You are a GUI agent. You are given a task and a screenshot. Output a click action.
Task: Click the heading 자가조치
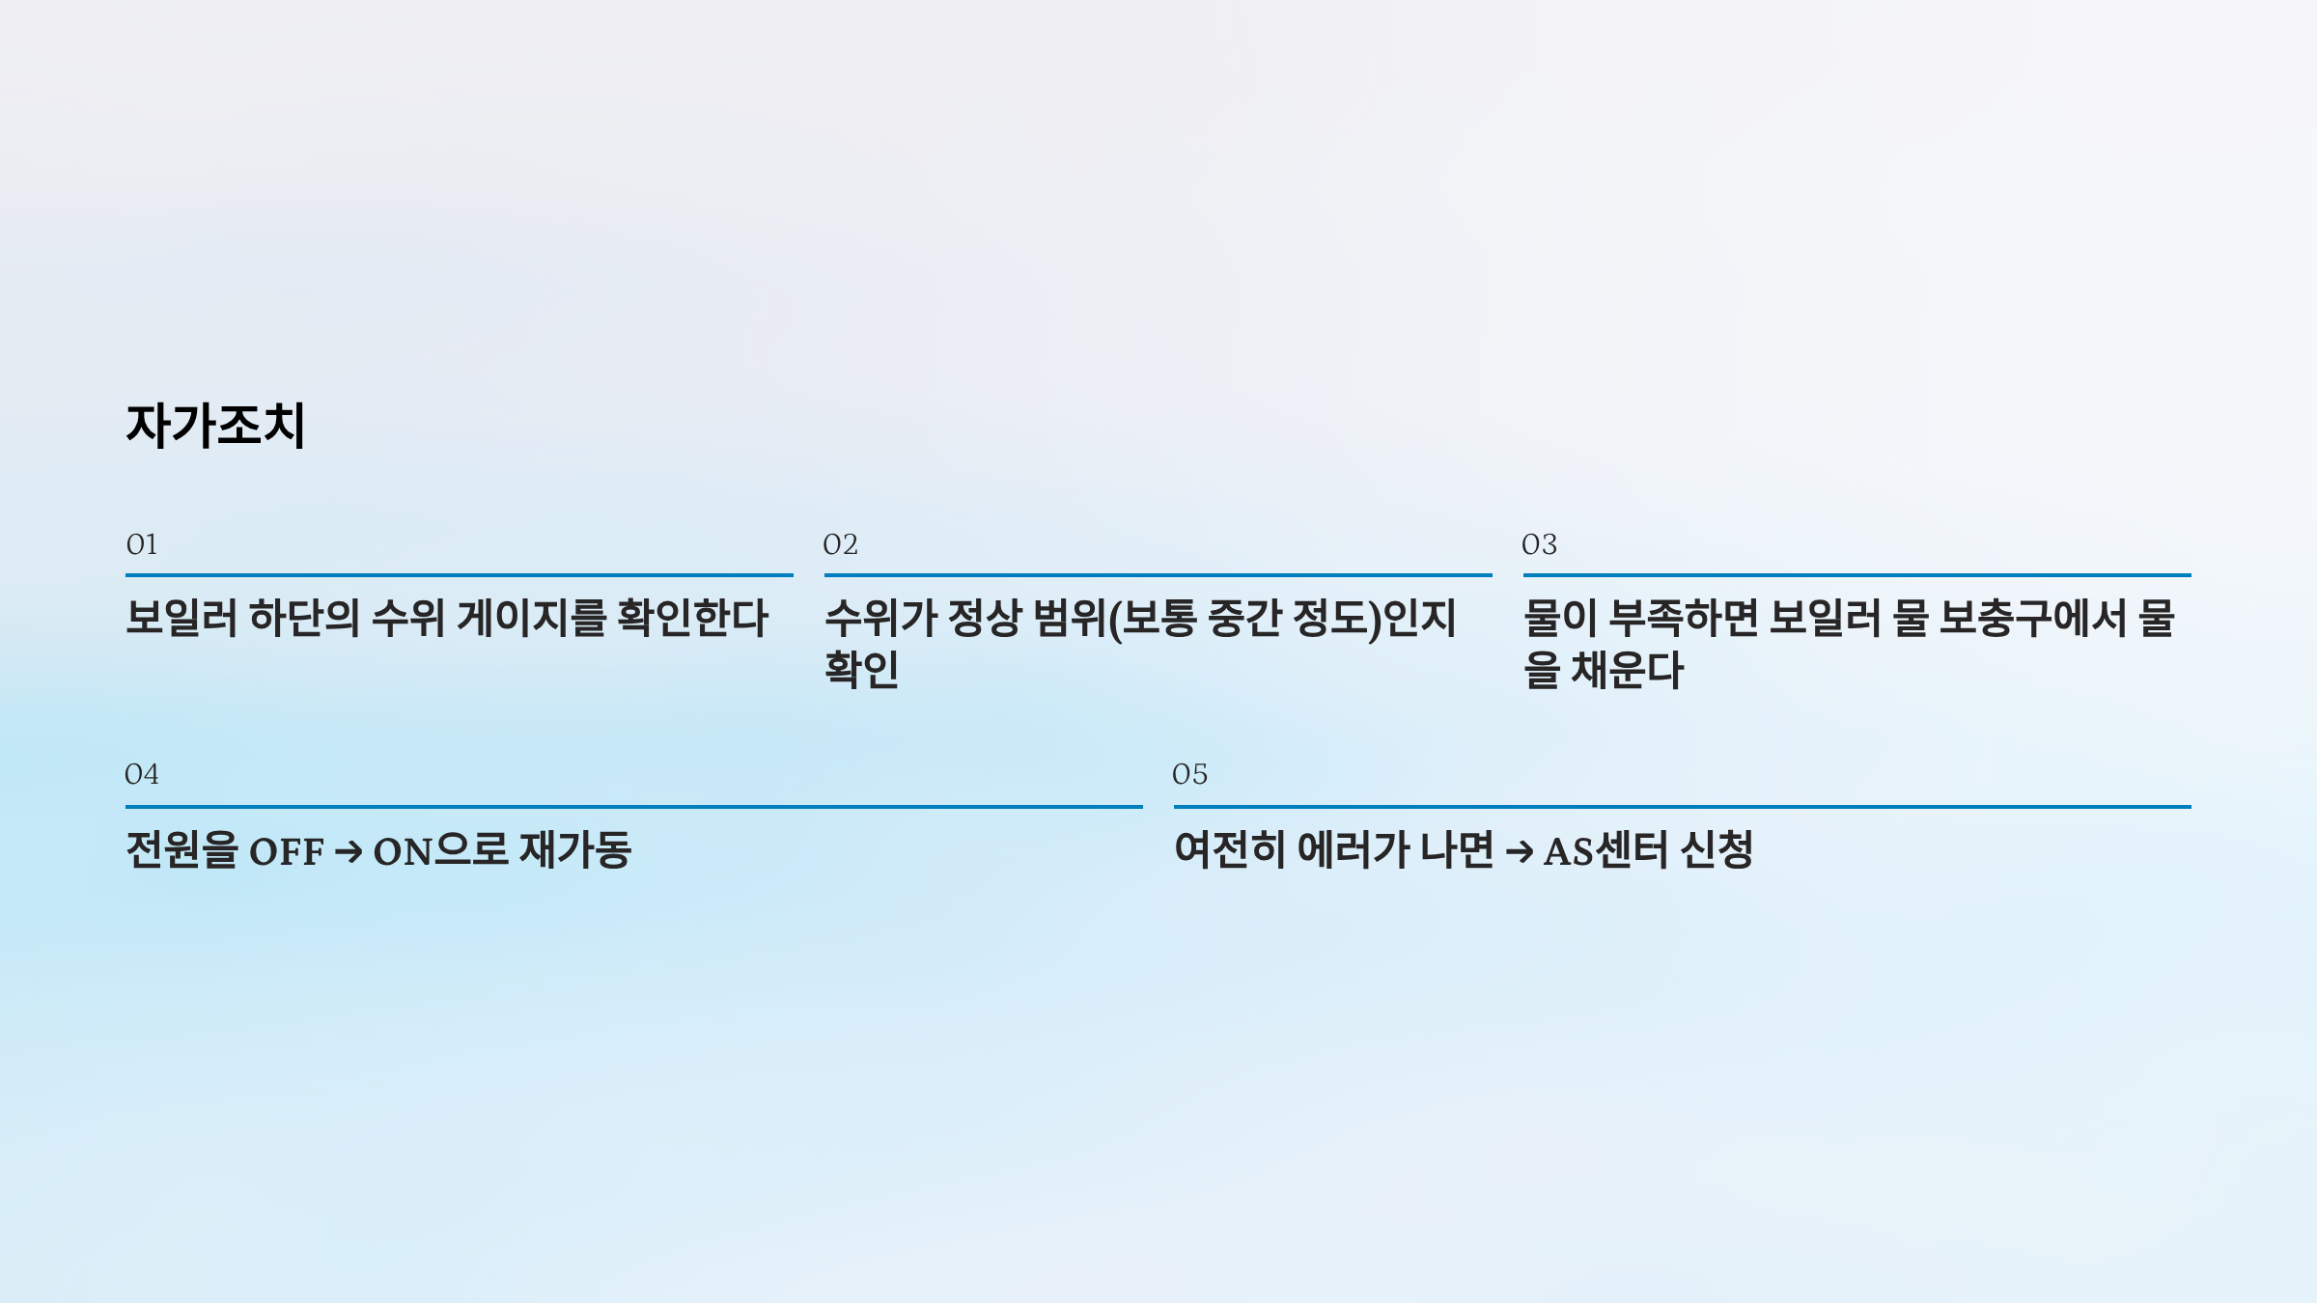click(215, 425)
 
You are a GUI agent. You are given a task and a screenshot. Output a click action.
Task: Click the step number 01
click(142, 545)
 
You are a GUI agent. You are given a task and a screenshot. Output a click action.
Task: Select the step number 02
click(840, 545)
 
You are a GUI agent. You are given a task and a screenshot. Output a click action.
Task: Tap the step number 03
click(1539, 545)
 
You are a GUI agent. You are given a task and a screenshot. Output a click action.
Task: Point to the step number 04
click(142, 774)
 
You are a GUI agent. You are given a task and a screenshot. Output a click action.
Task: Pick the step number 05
click(1189, 774)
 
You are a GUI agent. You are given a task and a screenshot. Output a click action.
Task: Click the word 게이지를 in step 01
click(530, 619)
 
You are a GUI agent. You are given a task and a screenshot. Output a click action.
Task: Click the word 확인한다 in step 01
click(692, 619)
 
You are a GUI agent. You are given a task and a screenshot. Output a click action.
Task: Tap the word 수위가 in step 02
click(880, 619)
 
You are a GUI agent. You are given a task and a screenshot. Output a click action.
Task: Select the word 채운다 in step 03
click(1627, 671)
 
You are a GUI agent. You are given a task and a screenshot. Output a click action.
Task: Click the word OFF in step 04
click(287, 852)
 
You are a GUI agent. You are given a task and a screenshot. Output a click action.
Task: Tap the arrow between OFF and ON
click(349, 852)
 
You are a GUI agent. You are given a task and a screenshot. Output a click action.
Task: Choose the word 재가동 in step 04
click(574, 850)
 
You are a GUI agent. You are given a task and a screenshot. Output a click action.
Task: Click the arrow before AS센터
click(1519, 852)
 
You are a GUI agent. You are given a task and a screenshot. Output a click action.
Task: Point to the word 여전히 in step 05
click(1229, 850)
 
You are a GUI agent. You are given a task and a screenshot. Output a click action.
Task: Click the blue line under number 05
click(1682, 806)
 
